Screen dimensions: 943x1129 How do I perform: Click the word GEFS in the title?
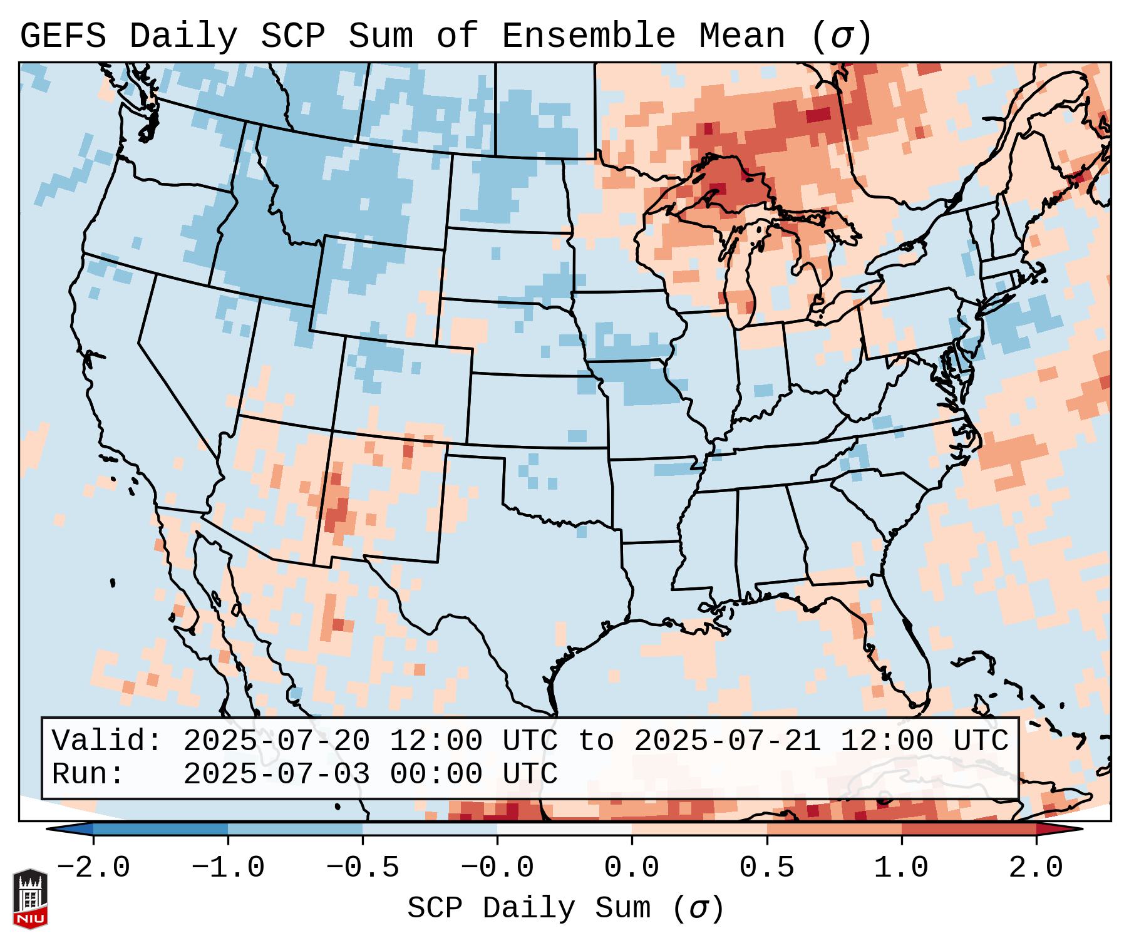[x=63, y=36]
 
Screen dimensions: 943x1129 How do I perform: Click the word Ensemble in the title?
[x=588, y=36]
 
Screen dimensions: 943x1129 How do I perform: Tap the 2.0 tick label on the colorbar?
[x=1036, y=868]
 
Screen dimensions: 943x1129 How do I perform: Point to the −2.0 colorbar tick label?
[x=93, y=868]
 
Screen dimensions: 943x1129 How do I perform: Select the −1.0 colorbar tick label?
[x=228, y=868]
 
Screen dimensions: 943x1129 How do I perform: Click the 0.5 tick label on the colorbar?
[x=766, y=868]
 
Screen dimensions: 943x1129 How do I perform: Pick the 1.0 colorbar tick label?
[x=901, y=868]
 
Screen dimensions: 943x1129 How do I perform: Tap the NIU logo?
[x=30, y=899]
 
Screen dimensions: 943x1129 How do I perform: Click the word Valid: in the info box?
[x=106, y=741]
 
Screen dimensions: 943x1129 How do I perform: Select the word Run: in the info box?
[x=88, y=774]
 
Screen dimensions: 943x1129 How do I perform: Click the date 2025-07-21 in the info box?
[x=727, y=741]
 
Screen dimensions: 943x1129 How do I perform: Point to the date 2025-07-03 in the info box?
[x=276, y=774]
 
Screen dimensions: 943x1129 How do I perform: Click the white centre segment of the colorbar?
[x=564, y=829]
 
